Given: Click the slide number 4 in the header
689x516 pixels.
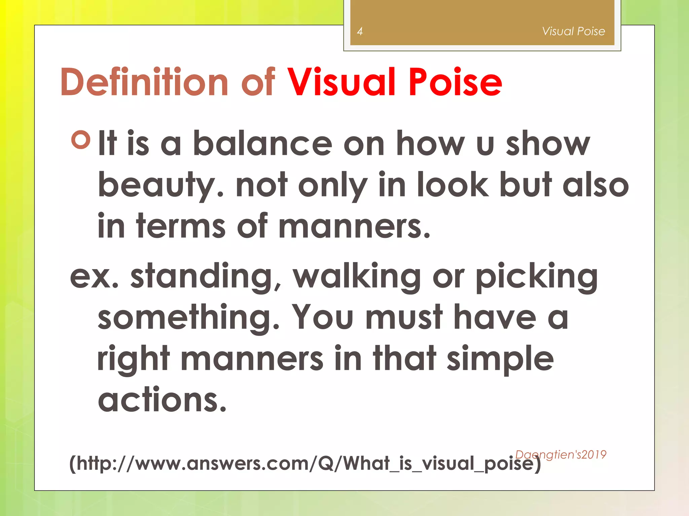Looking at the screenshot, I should (360, 32).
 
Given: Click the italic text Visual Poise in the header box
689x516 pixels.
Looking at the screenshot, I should (573, 31).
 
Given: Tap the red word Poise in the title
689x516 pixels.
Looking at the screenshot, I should (455, 82).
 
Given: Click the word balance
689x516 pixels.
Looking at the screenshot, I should (262, 144).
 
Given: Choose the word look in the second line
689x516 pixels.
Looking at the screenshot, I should (452, 185).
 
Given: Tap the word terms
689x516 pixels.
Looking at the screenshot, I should (181, 226).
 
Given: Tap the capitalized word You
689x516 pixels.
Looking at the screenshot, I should (322, 317).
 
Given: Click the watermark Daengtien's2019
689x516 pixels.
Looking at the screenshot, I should (560, 455).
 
